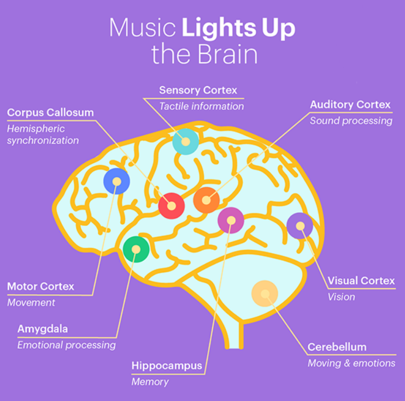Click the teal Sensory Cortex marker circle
pos(185,142)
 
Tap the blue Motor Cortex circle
pos(116,182)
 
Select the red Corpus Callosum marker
pos(172,206)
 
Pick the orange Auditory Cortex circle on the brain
pos(206,200)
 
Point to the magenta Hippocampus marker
pos(231,220)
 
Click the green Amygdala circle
pos(136,249)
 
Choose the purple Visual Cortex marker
pos(300,226)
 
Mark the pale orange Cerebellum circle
pos(265,294)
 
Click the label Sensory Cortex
pos(198,90)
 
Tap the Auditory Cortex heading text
pos(350,104)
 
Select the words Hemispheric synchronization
pos(43,135)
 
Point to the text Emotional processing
pos(66,345)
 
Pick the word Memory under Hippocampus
pos(150,382)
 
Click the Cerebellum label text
pos(337,347)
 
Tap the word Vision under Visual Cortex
pos(341,297)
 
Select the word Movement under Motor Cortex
pos(31,302)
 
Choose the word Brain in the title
pos(224,55)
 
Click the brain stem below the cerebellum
pos(234,336)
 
